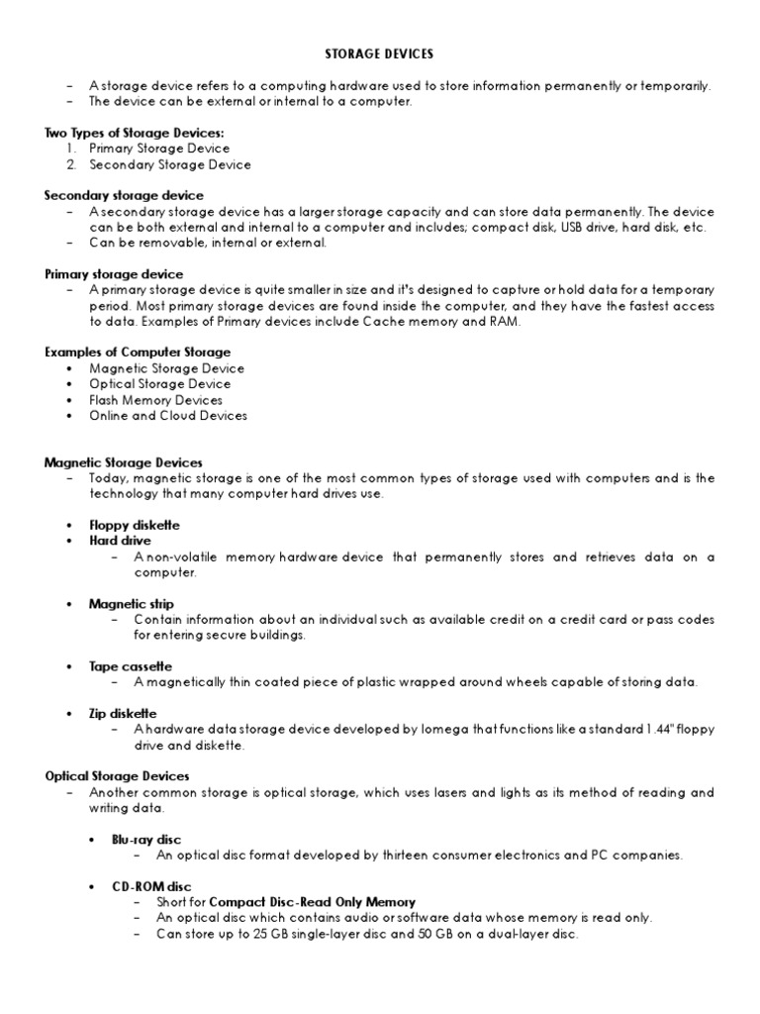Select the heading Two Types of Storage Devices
135,133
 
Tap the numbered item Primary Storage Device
158,149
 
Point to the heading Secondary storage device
124,196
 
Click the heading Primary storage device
114,273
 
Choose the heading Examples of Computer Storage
138,353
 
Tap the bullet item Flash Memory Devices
155,400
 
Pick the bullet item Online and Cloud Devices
168,416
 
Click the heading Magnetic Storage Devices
124,462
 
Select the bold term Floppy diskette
135,525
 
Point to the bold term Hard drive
120,541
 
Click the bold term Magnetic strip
131,603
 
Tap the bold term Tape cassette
131,666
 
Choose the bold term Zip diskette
123,714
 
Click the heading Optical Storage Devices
117,776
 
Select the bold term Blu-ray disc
146,839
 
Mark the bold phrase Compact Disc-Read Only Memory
312,902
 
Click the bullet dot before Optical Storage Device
69,384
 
